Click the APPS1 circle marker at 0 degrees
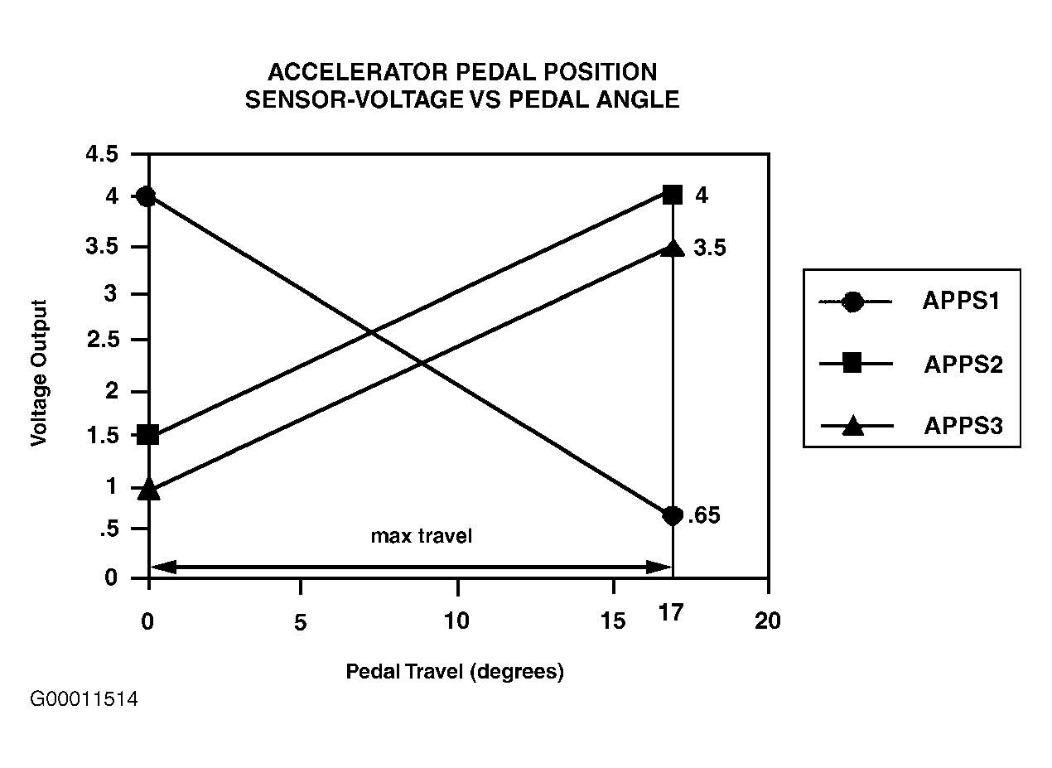(x=147, y=196)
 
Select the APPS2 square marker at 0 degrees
(x=148, y=434)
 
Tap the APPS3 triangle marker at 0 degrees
(x=148, y=489)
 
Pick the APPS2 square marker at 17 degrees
(x=673, y=195)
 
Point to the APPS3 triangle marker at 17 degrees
(x=673, y=247)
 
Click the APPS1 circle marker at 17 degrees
(x=673, y=515)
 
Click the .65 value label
(x=704, y=515)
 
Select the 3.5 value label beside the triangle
(x=710, y=248)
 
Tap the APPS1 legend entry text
(x=962, y=302)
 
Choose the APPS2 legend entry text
(x=963, y=365)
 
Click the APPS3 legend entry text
(x=963, y=426)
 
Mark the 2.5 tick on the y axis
(x=103, y=341)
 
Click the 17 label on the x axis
(x=671, y=615)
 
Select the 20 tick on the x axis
(x=768, y=621)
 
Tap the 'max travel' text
(x=421, y=536)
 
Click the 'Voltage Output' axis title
(x=38, y=373)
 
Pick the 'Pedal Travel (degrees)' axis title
(x=455, y=671)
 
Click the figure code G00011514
(x=84, y=699)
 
